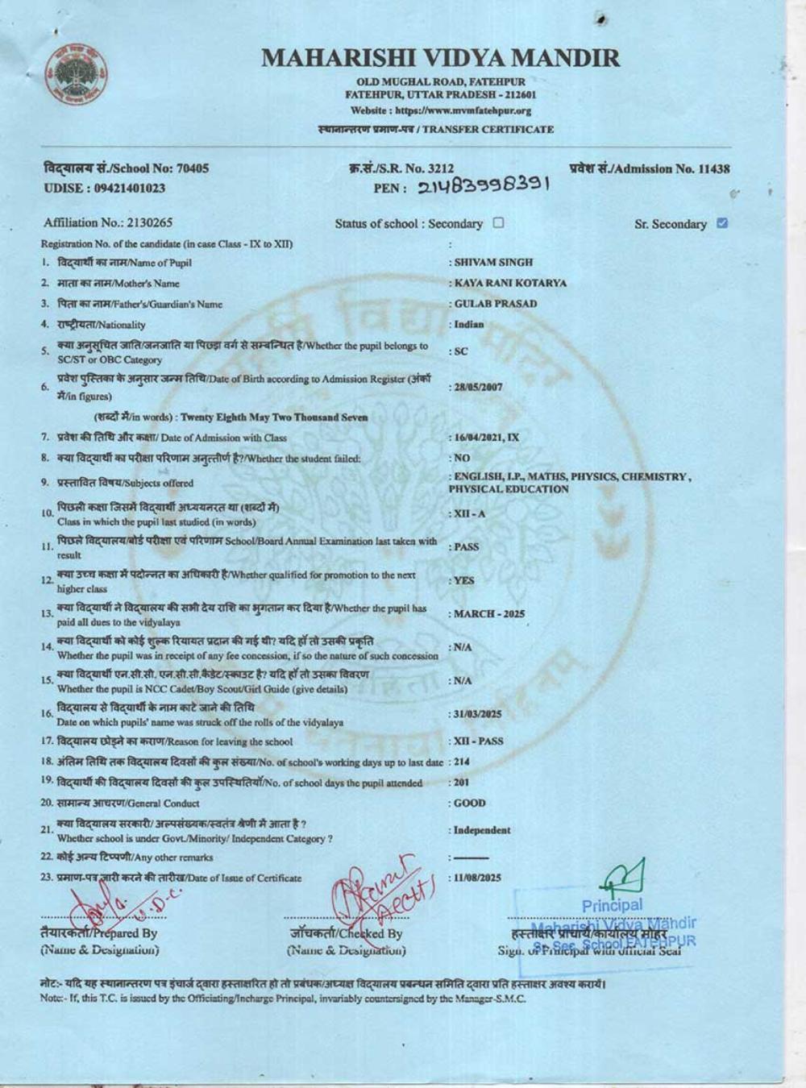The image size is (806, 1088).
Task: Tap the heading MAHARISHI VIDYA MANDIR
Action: coord(441,58)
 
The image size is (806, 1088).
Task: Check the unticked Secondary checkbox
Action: coord(498,223)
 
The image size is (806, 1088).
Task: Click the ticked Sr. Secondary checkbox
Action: coord(722,223)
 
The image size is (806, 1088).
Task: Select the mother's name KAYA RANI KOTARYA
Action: coord(509,283)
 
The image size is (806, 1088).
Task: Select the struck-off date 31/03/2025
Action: coord(478,714)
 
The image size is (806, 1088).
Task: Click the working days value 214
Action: coord(461,762)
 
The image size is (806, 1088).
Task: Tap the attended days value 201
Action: coord(461,783)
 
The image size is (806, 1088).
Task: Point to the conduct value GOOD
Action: coord(470,804)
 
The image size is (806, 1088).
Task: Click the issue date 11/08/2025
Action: coord(478,878)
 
